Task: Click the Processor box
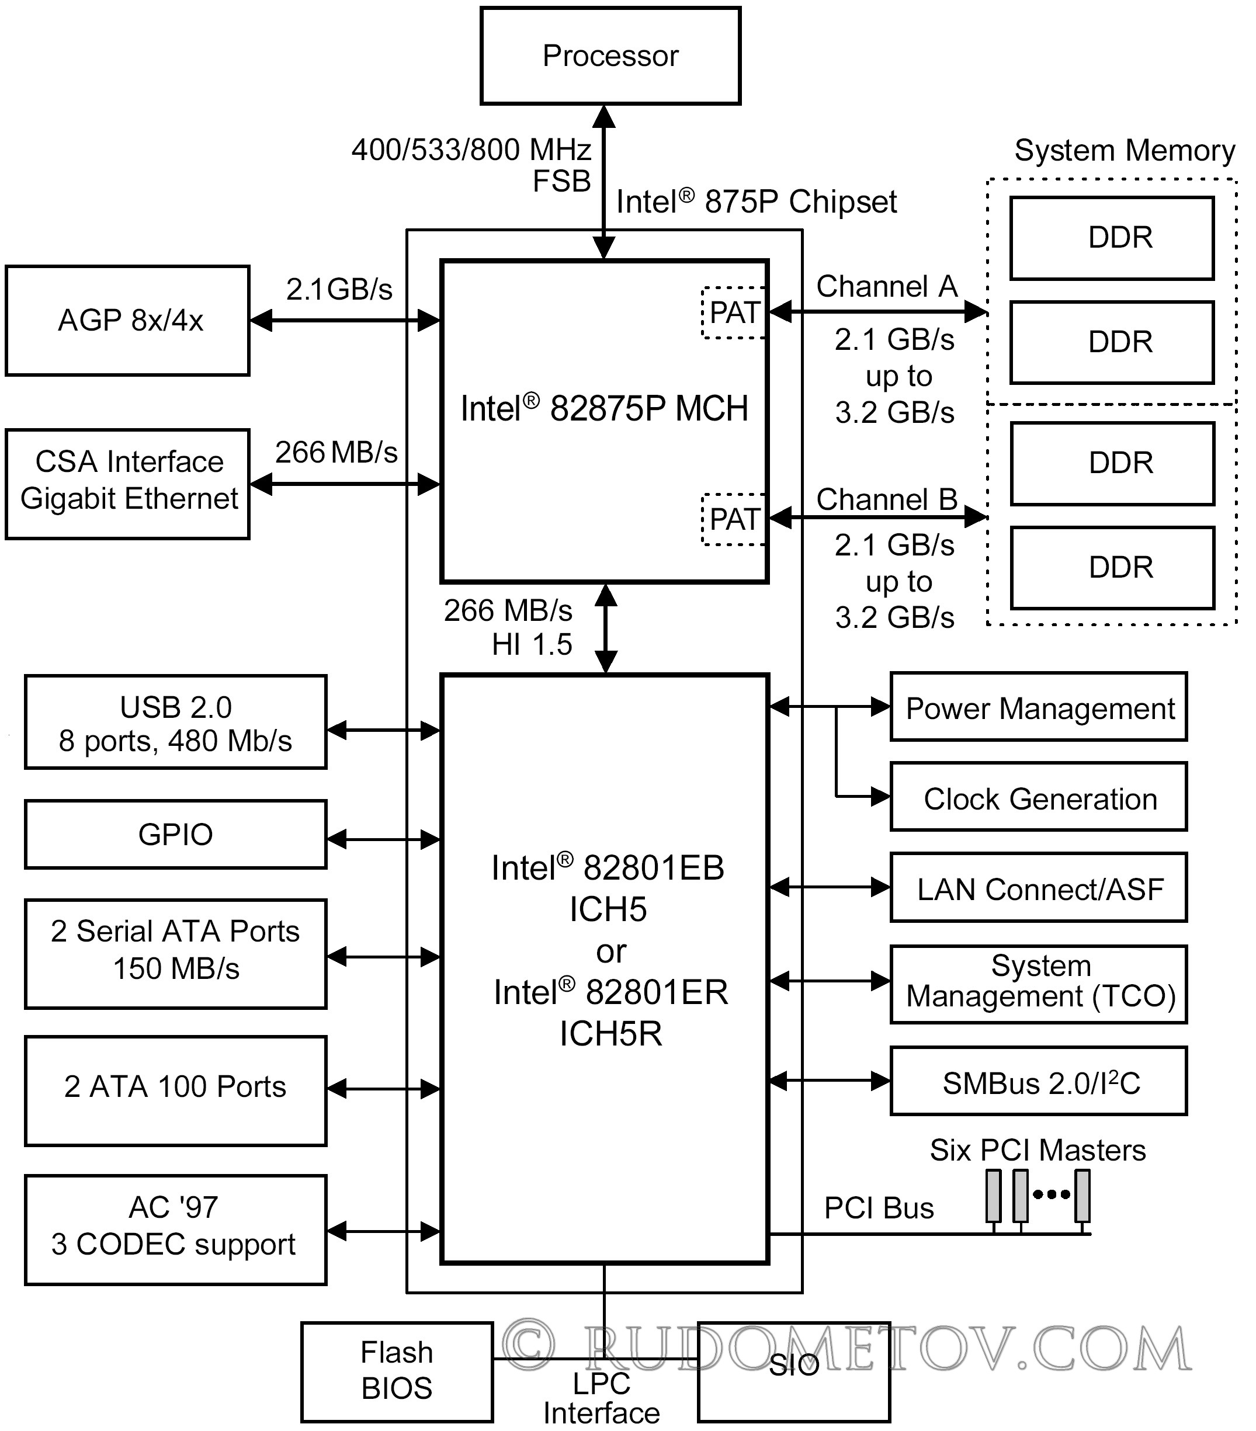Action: (610, 56)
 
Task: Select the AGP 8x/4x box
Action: (127, 321)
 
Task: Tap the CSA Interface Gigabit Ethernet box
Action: (127, 484)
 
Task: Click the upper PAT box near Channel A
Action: (734, 313)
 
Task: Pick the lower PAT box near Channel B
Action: (734, 519)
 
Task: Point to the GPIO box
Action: (176, 835)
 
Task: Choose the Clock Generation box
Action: (1039, 797)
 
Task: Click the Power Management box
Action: (1039, 707)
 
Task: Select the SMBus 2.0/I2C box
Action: (1039, 1081)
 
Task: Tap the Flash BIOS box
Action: (397, 1371)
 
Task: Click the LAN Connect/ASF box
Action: (1039, 888)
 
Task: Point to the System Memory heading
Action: (1125, 151)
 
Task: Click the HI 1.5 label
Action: (532, 644)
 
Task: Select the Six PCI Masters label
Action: (1038, 1150)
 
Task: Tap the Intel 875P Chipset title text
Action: (756, 202)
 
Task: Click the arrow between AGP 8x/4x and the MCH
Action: (345, 321)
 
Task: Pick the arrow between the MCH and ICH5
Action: (606, 628)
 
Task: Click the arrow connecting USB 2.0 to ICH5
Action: (384, 731)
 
